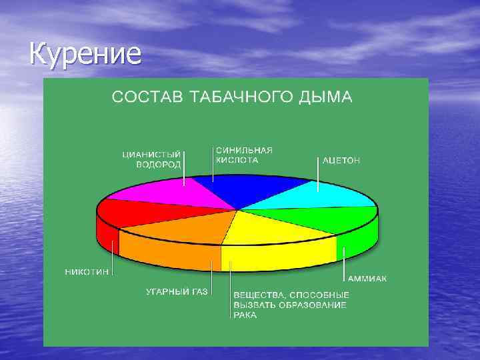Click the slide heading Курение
tap(85, 53)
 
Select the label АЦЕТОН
tap(341, 161)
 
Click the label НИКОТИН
tap(87, 272)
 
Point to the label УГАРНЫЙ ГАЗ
tap(177, 292)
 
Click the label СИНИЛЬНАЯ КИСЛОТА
tap(243, 155)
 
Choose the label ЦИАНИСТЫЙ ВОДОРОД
tap(152, 159)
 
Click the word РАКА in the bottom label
tap(245, 315)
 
